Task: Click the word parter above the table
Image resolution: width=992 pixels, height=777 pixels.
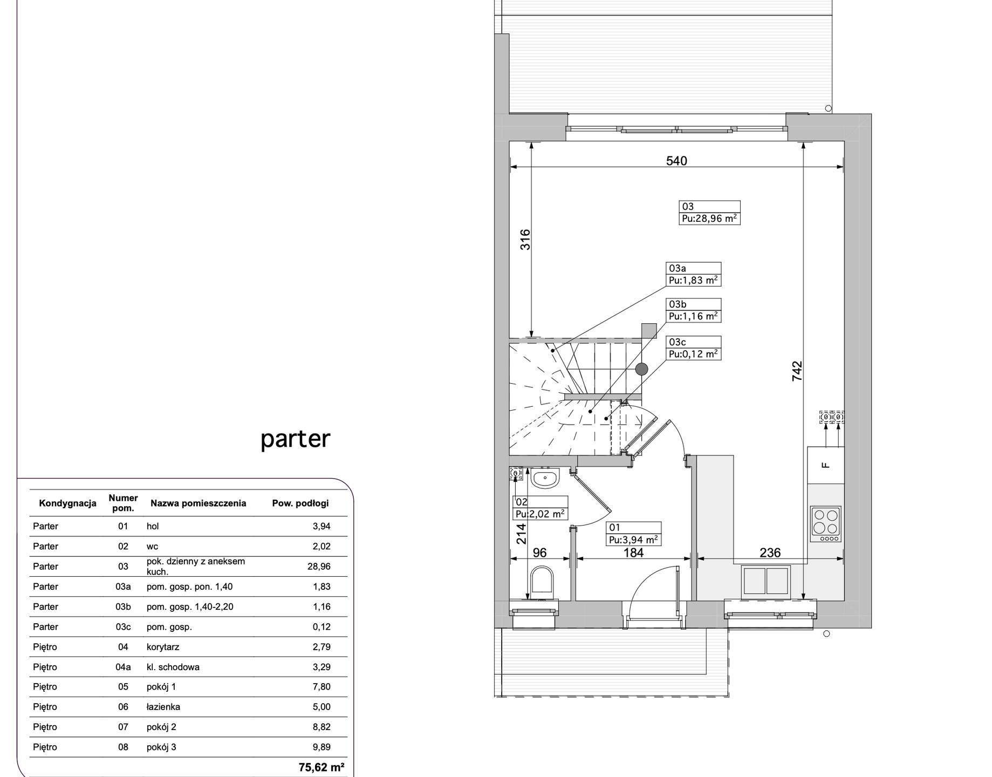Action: tap(295, 440)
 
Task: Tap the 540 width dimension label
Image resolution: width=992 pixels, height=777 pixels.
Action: tap(676, 161)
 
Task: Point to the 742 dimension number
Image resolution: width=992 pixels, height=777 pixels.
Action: tap(797, 371)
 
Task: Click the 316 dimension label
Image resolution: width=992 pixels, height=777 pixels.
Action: tap(525, 240)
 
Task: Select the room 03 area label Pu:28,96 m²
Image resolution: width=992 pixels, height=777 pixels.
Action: tap(709, 219)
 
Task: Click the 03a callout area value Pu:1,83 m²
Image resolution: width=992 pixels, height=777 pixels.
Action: tap(693, 280)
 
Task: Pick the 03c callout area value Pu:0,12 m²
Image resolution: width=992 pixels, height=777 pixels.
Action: tap(693, 354)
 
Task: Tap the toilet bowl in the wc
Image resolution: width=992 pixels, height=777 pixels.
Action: tap(542, 582)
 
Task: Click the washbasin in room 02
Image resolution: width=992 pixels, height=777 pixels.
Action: tap(545, 478)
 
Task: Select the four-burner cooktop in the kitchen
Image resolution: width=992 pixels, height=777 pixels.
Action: tap(825, 524)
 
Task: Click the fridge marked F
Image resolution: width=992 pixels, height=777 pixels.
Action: tap(825, 465)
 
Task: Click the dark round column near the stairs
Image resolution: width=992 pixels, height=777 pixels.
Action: tap(641, 369)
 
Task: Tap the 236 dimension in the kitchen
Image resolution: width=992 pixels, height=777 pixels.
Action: tap(770, 553)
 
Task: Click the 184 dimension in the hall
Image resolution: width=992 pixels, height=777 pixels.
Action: tap(634, 553)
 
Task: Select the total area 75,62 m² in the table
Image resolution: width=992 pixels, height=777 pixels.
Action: tap(321, 767)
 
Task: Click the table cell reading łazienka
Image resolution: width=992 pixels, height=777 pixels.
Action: tap(163, 707)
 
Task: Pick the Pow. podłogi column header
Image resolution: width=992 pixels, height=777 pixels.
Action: tap(300, 503)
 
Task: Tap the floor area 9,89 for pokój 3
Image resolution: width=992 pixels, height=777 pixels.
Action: tap(321, 747)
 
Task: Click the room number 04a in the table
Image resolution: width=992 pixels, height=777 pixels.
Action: tap(123, 667)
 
